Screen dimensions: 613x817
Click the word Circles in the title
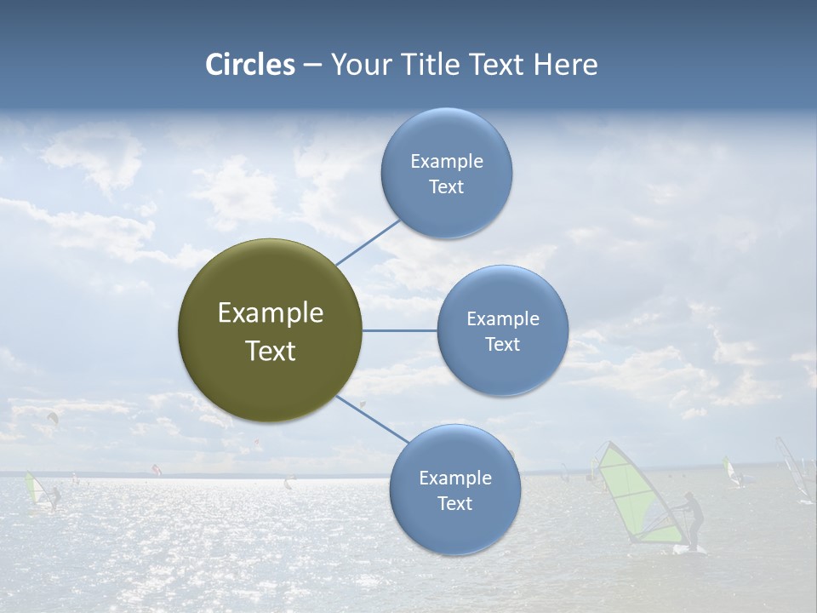250,65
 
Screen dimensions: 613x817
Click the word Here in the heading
565,65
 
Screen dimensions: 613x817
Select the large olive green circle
270,330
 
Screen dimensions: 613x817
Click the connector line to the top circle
368,242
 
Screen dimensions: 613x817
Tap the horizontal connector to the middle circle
399,330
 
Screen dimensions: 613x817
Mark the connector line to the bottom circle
371,418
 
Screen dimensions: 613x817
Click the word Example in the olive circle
271,313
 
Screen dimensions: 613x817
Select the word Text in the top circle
446,187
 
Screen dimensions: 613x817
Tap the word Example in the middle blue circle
502,319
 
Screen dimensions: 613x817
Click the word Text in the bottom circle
454,504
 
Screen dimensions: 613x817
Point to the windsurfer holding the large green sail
694,521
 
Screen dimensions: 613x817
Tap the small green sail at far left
33,490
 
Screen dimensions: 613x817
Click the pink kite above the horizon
156,468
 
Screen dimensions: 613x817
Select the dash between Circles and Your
312,66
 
